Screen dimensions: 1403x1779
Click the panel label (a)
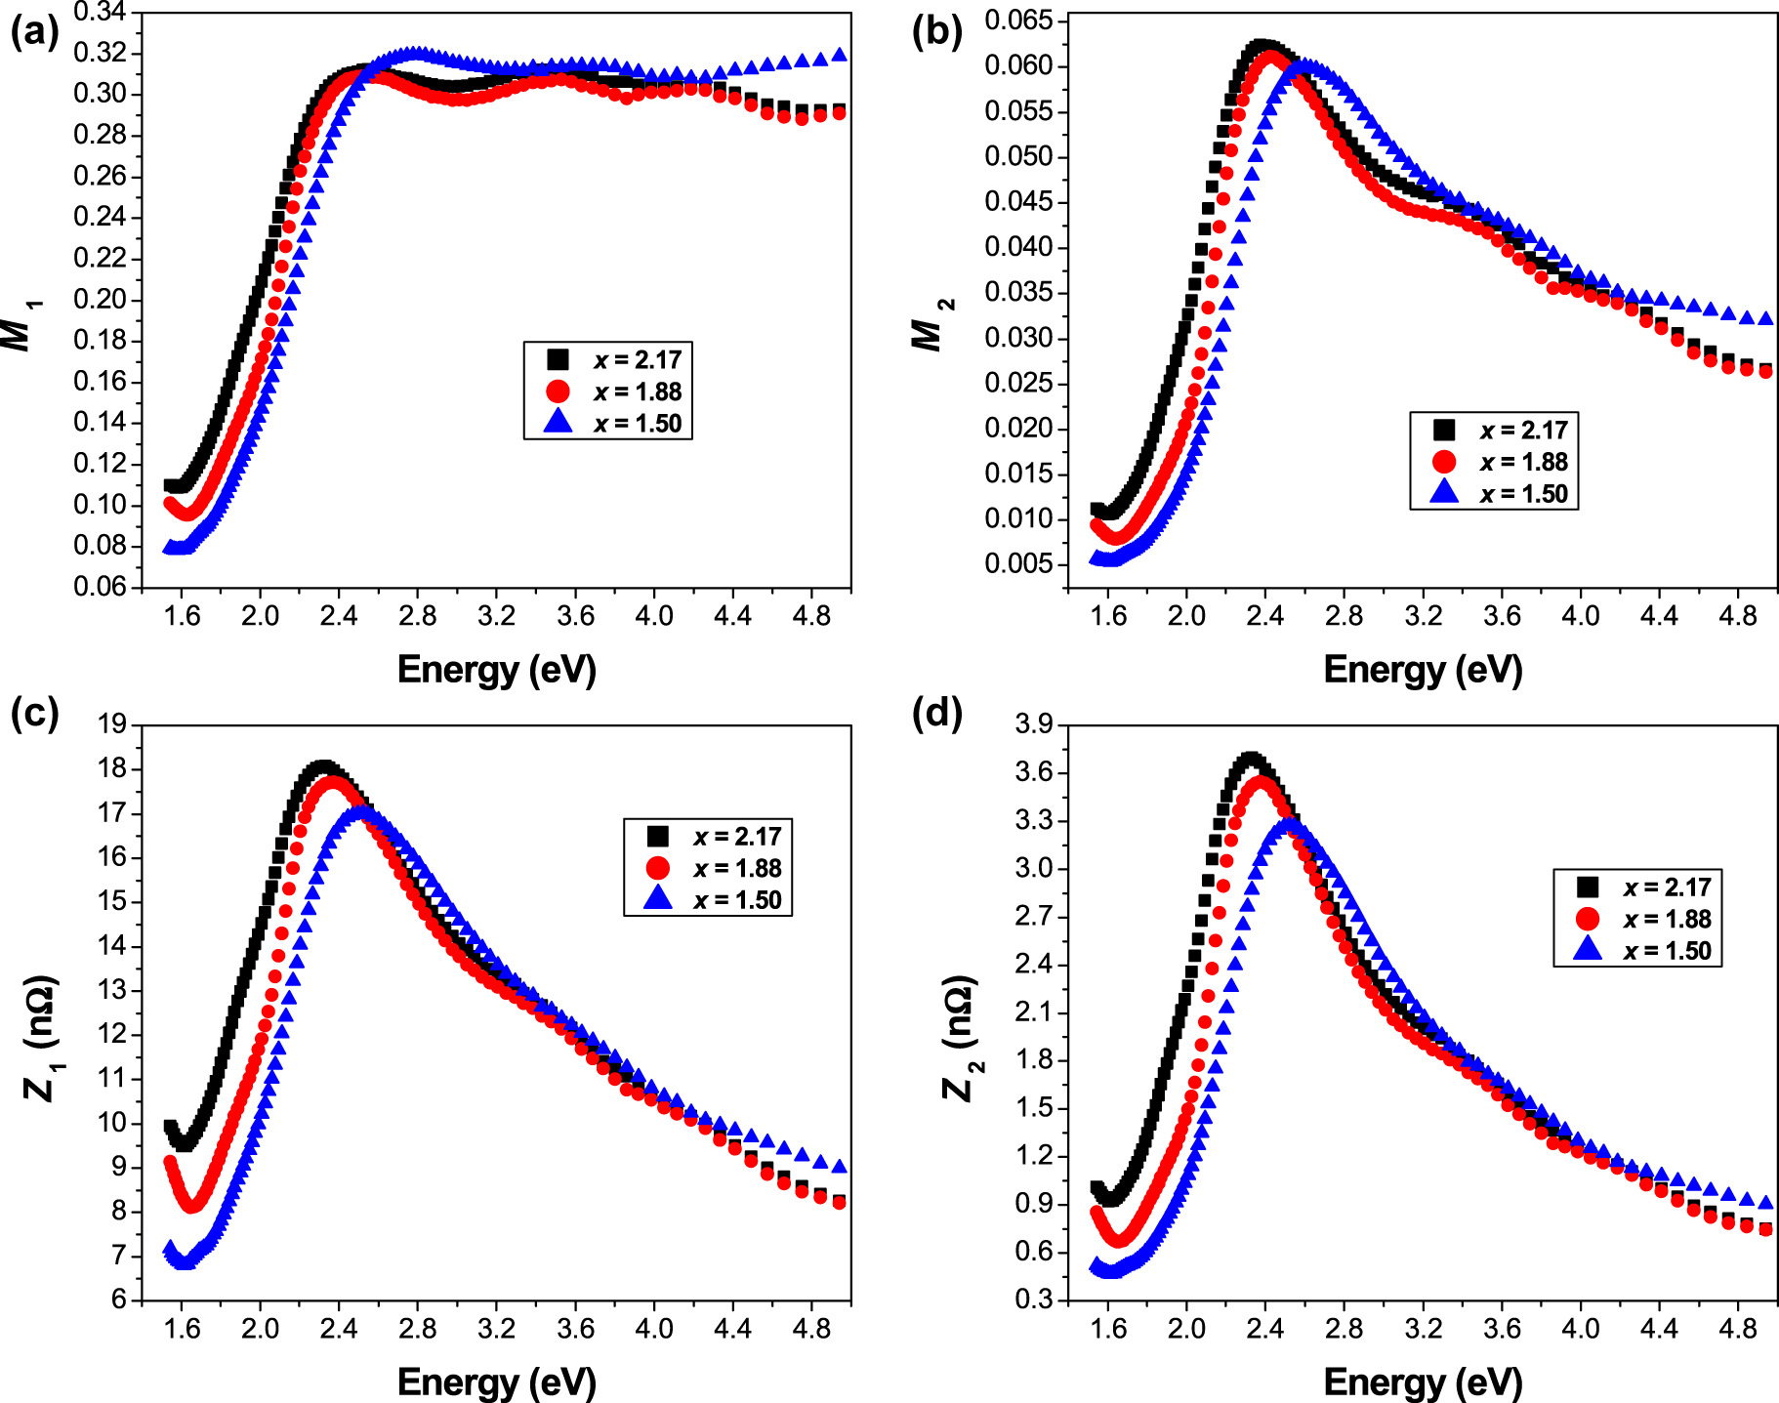pyautogui.click(x=33, y=33)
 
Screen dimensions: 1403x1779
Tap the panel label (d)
pyautogui.click(x=936, y=713)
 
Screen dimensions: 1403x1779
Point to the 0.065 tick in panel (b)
pyautogui.click(x=1018, y=21)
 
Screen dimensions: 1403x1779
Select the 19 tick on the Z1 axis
pyautogui.click(x=112, y=724)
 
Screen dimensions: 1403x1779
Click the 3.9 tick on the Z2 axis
pyautogui.click(x=1034, y=724)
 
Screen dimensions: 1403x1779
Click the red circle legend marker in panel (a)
pyautogui.click(x=558, y=392)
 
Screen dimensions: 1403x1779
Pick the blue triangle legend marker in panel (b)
pyautogui.click(x=1444, y=493)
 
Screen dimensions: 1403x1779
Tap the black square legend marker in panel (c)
pyautogui.click(x=658, y=837)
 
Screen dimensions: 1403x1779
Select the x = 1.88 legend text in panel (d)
pyautogui.click(x=1667, y=919)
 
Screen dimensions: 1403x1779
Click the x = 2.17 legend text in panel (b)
pyautogui.click(x=1523, y=431)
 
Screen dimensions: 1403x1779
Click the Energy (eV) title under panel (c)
pyautogui.click(x=496, y=1382)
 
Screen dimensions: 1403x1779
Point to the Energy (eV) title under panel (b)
pyautogui.click(x=1423, y=670)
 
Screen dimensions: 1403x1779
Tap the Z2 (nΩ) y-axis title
pyautogui.click(x=960, y=1037)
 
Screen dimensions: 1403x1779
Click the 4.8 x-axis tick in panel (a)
pyautogui.click(x=810, y=616)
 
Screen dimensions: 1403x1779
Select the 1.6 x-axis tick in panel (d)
pyautogui.click(x=1107, y=1329)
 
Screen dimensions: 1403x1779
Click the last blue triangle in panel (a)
pyautogui.click(x=839, y=56)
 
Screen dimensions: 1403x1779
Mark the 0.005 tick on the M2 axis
pyautogui.click(x=1018, y=563)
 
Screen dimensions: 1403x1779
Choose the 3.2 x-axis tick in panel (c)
pyautogui.click(x=496, y=1329)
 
